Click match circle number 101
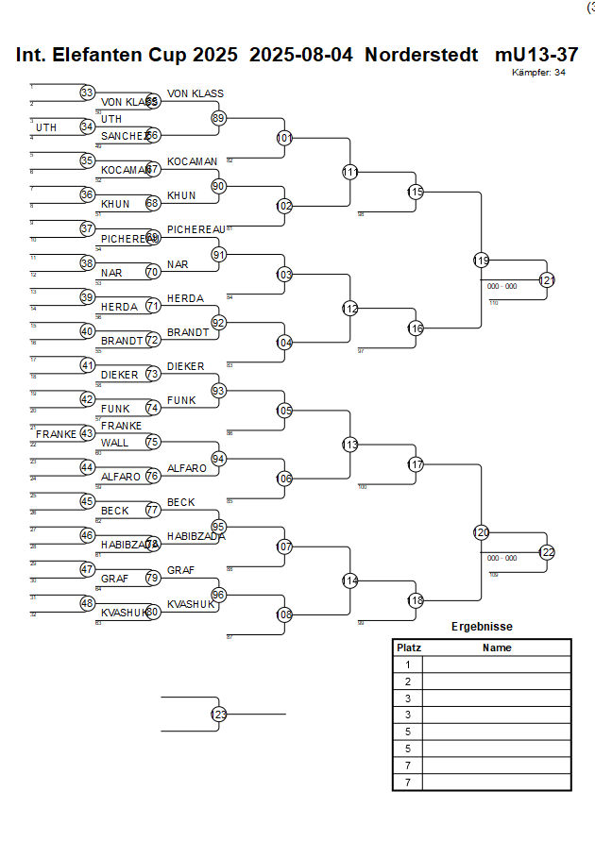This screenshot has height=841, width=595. coord(284,138)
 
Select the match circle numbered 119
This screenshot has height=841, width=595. coord(482,260)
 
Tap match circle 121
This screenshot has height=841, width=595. coord(547,280)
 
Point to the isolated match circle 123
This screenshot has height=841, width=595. coord(219,715)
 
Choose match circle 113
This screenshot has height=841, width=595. coord(350,445)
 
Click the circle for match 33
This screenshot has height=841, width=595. coord(87,93)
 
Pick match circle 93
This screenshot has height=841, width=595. coord(219,390)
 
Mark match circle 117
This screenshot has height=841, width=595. coord(416,464)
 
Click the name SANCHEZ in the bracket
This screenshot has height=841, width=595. coord(124,136)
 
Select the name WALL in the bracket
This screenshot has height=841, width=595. coord(114,442)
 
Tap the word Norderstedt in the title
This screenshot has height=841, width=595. coord(423,55)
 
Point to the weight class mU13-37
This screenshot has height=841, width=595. coord(535,55)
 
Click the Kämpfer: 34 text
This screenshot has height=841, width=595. coord(538,73)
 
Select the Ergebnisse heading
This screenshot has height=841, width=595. coord(482,626)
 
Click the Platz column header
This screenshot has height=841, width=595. coord(408,648)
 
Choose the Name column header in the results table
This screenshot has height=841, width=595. coord(497,648)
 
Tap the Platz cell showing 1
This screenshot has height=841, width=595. coord(408,664)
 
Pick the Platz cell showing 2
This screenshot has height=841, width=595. coord(408,681)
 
